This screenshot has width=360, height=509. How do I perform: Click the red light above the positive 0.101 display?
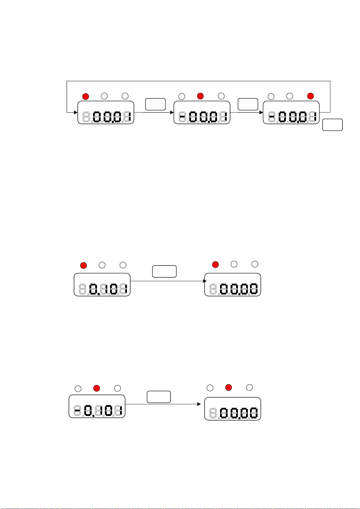pyautogui.click(x=83, y=266)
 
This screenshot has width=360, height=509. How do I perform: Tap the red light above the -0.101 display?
pyautogui.click(x=97, y=388)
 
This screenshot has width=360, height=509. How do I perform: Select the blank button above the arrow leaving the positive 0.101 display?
pyautogui.click(x=164, y=271)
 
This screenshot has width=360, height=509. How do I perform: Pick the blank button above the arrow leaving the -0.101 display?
pyautogui.click(x=159, y=397)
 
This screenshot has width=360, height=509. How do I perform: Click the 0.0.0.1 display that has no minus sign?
pyautogui.click(x=106, y=112)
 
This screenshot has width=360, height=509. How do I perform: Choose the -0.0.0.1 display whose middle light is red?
pyautogui.click(x=202, y=112)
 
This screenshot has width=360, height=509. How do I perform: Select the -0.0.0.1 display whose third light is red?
pyautogui.click(x=291, y=112)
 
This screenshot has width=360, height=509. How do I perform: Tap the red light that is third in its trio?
pyautogui.click(x=310, y=96)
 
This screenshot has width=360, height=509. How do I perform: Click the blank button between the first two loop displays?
pyautogui.click(x=155, y=104)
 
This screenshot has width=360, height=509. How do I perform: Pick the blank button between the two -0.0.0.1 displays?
pyautogui.click(x=248, y=104)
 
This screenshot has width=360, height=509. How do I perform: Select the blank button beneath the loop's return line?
pyautogui.click(x=332, y=125)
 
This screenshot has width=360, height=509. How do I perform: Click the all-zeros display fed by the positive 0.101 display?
pyautogui.click(x=233, y=285)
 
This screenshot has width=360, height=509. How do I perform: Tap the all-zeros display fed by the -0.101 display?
pyautogui.click(x=233, y=409)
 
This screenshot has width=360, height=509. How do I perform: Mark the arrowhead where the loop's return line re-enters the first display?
pyautogui.click(x=76, y=112)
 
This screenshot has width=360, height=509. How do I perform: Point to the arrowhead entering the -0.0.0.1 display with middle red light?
pyautogui.click(x=172, y=112)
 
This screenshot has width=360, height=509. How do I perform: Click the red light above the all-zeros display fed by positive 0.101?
pyautogui.click(x=215, y=265)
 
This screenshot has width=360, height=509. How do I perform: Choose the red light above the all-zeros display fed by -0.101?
pyautogui.click(x=229, y=388)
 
